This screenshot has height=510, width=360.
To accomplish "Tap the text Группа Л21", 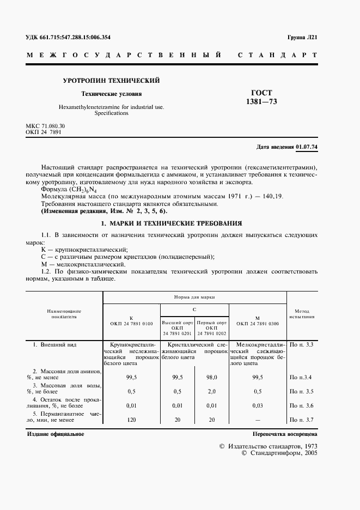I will [302, 38].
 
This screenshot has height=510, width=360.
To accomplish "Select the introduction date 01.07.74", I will [307, 147].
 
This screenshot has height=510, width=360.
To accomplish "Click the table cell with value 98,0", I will [212, 377].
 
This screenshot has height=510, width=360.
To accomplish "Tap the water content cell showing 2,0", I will [212, 391].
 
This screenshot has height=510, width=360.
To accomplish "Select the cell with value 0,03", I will [258, 405].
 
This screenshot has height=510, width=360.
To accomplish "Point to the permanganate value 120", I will [131, 420].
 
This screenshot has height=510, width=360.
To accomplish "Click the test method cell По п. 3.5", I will [302, 391].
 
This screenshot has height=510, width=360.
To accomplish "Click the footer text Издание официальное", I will [55, 434].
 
